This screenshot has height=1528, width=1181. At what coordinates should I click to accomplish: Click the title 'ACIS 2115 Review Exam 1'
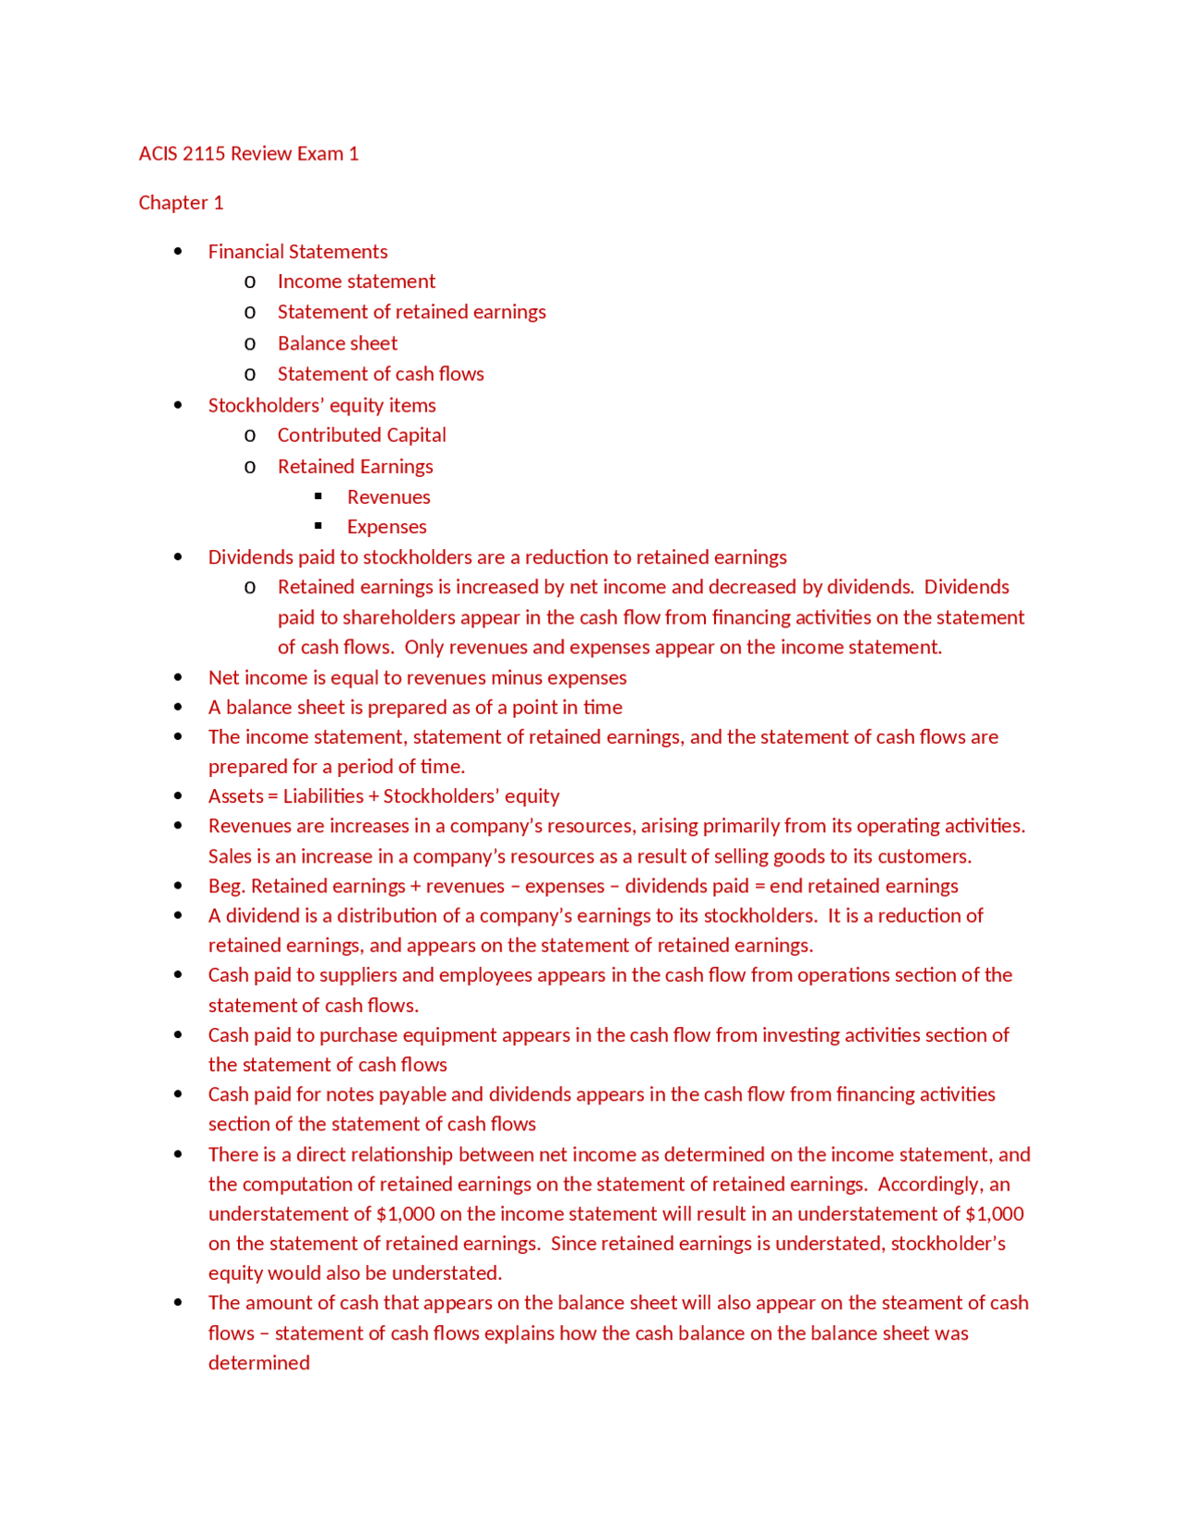pyautogui.click(x=248, y=153)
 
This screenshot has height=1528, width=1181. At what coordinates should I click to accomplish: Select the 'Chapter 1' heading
pyautogui.click(x=181, y=202)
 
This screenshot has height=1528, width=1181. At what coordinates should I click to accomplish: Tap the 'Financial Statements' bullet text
pyautogui.click(x=297, y=251)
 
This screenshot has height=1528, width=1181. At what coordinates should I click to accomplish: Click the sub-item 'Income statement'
pyautogui.click(x=356, y=281)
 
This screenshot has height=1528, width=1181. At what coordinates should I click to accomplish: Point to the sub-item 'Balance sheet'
pyautogui.click(x=337, y=343)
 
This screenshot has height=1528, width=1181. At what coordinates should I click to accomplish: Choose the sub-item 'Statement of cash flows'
pyautogui.click(x=380, y=374)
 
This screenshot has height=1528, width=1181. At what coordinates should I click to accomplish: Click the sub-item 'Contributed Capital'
pyautogui.click(x=362, y=435)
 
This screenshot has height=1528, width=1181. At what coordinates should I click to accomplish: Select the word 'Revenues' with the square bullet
pyautogui.click(x=388, y=496)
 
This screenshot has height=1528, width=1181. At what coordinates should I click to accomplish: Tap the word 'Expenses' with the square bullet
pyautogui.click(x=387, y=527)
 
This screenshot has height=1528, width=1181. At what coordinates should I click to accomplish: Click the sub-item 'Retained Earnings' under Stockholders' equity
pyautogui.click(x=355, y=466)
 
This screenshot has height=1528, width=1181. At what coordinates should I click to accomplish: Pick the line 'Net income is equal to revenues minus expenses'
pyautogui.click(x=417, y=677)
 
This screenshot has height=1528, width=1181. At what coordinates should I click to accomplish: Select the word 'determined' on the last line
pyautogui.click(x=258, y=1363)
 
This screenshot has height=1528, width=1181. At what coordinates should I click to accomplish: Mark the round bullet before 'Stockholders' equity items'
pyautogui.click(x=178, y=405)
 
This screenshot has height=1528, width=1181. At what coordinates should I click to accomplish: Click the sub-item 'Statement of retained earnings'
pyautogui.click(x=412, y=312)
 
